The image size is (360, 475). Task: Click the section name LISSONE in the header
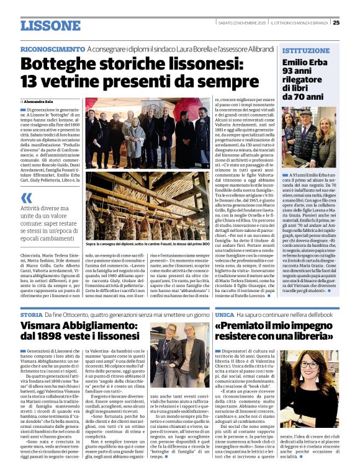50,25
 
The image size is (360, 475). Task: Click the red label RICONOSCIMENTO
52,49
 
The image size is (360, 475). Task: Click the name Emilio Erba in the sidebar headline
304,63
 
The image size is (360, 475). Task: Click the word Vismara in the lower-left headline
46,327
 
